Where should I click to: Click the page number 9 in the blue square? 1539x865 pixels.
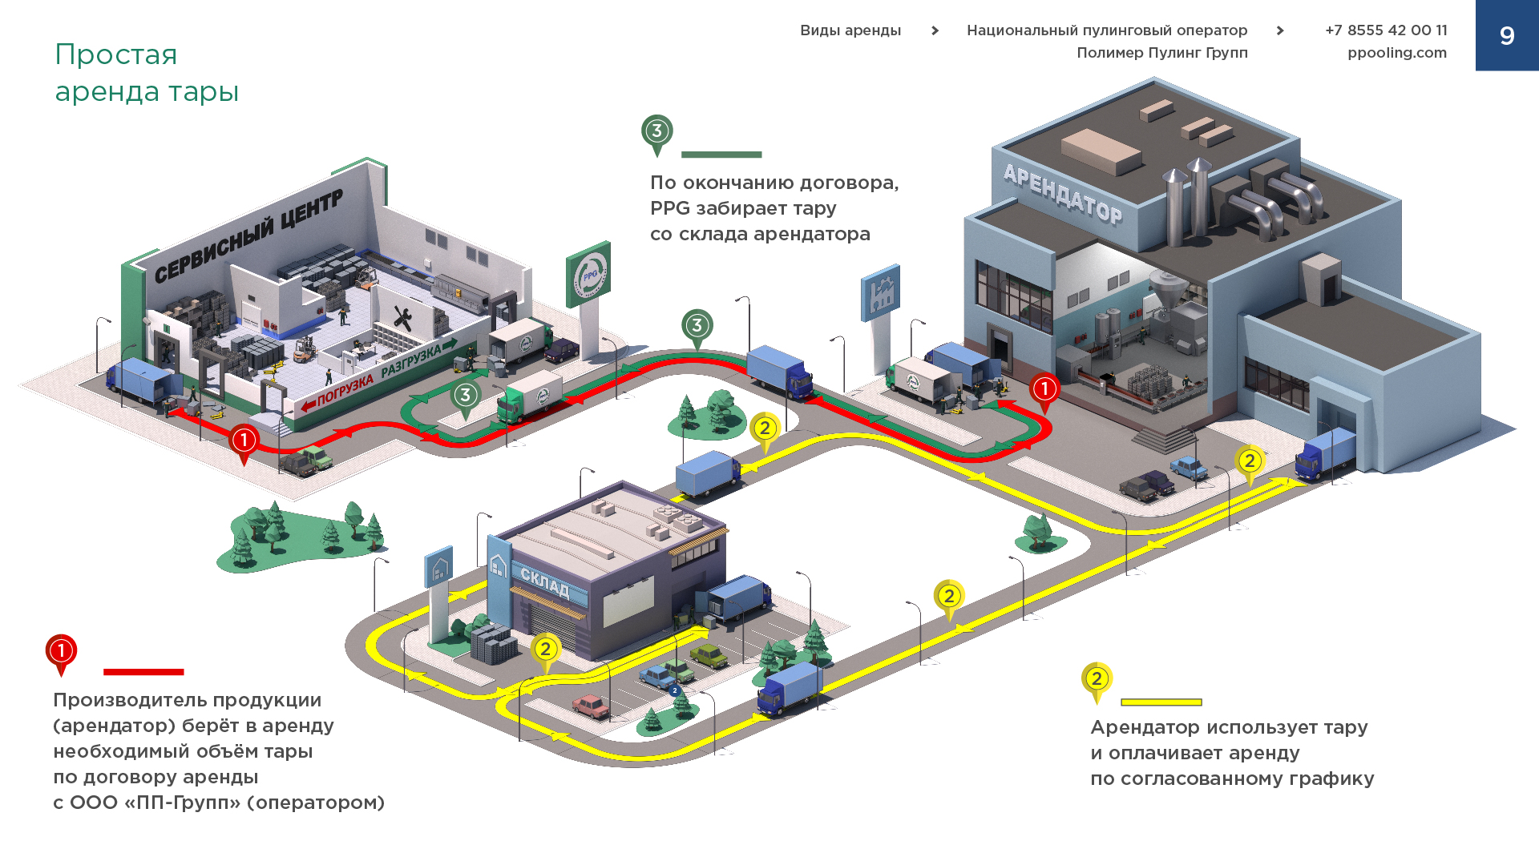1507,36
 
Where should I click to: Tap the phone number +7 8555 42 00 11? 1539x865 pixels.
1386,30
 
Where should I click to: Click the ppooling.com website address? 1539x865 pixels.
1396,53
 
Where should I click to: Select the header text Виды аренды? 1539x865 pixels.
850,30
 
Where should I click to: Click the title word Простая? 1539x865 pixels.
116,54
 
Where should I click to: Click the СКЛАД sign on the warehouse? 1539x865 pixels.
544,582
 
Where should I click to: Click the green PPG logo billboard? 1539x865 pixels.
589,273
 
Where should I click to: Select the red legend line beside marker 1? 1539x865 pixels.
143,672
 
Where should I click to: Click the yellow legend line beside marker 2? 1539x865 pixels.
1161,702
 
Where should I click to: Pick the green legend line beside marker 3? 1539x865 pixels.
721,155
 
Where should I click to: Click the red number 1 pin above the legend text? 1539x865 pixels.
61,652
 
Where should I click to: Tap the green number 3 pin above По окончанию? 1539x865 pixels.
656,132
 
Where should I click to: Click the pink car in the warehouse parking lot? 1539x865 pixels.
591,706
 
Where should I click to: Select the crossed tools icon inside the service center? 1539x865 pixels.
402,318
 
